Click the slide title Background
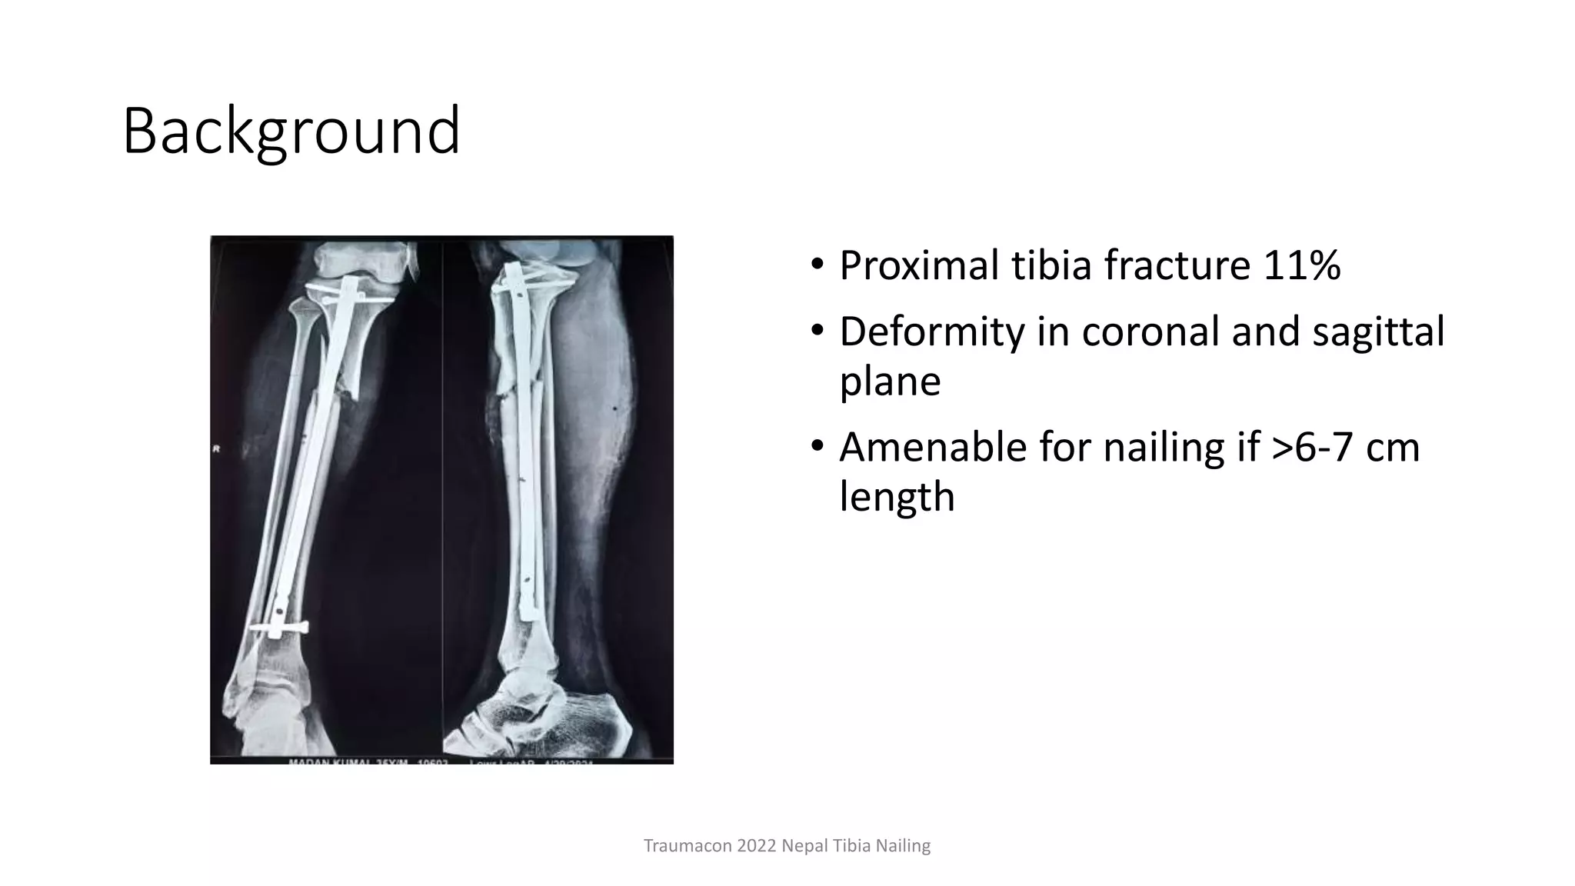(291, 131)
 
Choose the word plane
(890, 381)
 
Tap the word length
(897, 497)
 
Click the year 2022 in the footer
(756, 846)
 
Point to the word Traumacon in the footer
(687, 846)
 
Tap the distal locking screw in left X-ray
(280, 628)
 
